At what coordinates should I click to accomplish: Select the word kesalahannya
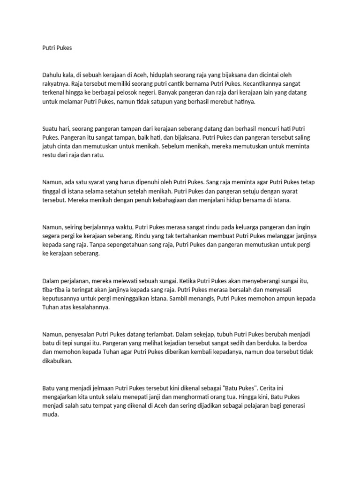[x=89, y=307]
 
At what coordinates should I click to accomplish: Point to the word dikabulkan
[x=57, y=361]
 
